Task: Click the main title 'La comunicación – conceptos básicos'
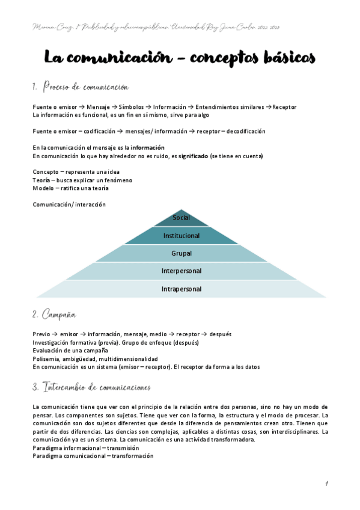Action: [x=180, y=58]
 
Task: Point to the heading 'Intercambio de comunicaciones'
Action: [x=96, y=386]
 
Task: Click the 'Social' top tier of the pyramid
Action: [x=181, y=217]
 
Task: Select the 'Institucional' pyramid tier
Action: [x=181, y=235]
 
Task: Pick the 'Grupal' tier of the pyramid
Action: [x=181, y=253]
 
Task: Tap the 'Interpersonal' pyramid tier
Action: [x=181, y=271]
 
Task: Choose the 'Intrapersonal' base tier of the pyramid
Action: [x=181, y=289]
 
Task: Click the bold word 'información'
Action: [x=148, y=147]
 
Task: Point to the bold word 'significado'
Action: [x=189, y=156]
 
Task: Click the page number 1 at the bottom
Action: [x=326, y=484]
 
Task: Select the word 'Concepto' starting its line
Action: [x=46, y=172]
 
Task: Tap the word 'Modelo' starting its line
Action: [x=44, y=188]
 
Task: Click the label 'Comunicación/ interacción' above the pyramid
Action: [x=69, y=204]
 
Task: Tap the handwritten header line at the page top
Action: [x=155, y=28]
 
